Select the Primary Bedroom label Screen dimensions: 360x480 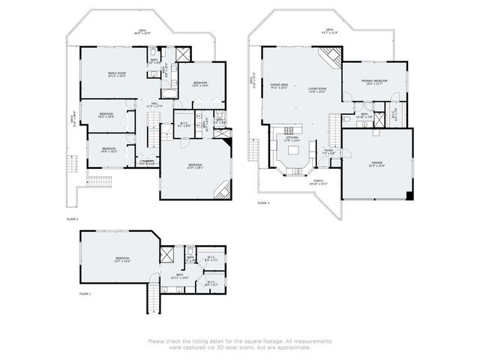(x=374, y=82)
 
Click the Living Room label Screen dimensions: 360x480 (x=317, y=90)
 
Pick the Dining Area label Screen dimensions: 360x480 (x=279, y=86)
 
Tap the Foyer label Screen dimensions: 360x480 (x=328, y=151)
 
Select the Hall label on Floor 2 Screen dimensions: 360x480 (x=153, y=105)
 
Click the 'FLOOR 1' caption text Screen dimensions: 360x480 (x=85, y=295)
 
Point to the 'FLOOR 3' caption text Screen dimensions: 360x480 (x=262, y=203)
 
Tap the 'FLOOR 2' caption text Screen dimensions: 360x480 (x=72, y=219)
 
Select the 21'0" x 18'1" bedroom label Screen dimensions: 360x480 (x=195, y=166)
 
